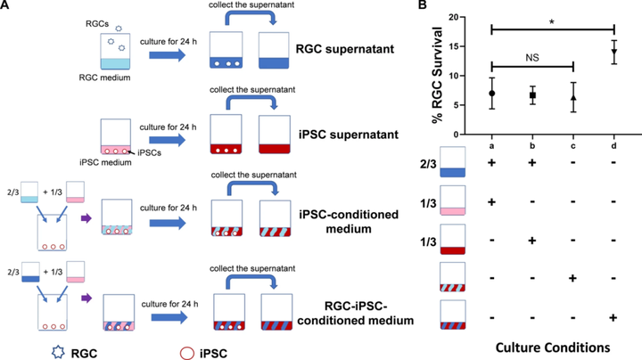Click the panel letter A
(6, 6)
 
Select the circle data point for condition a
(491, 93)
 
